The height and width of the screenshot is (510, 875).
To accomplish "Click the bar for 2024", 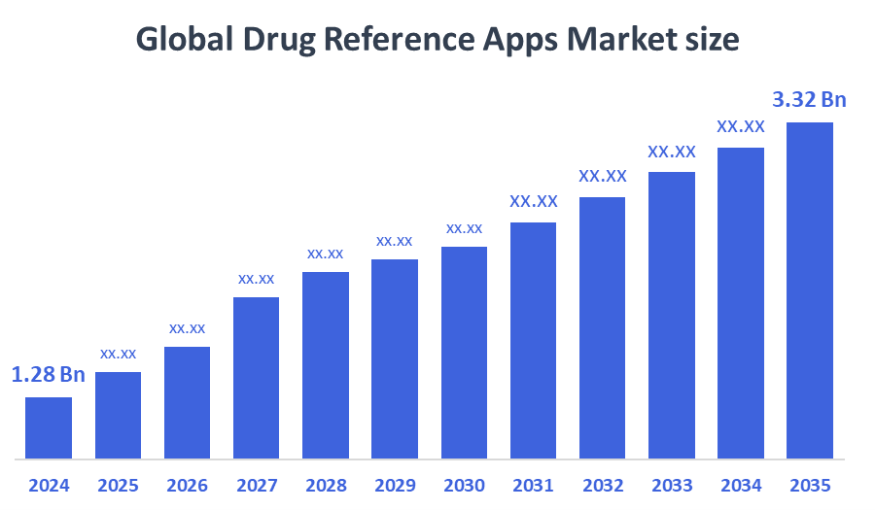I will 49,427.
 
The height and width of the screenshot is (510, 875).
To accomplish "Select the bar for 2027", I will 256,377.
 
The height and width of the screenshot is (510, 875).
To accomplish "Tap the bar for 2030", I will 464,352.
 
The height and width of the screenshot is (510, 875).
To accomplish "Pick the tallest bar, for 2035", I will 810,289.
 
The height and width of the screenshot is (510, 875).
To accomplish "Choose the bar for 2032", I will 603,327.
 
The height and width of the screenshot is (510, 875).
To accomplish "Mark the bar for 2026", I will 187,402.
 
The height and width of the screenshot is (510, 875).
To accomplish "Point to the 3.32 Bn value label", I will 810,99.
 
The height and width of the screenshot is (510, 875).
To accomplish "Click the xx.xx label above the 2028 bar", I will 326,254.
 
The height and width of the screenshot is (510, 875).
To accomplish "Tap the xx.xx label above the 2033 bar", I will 672,152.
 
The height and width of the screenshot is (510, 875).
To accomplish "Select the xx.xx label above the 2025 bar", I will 118,354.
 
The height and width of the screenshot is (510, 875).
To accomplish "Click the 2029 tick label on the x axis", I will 395,485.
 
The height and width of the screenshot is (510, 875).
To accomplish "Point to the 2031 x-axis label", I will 533,485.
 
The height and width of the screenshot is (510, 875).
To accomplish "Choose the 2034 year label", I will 741,485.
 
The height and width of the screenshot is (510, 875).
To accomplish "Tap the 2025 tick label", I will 118,485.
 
